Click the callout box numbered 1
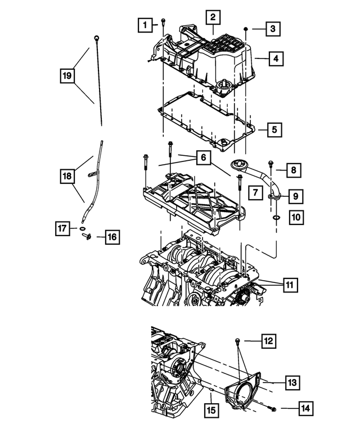tap(146, 24)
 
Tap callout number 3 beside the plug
tap(272, 28)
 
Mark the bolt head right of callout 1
tap(163, 21)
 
